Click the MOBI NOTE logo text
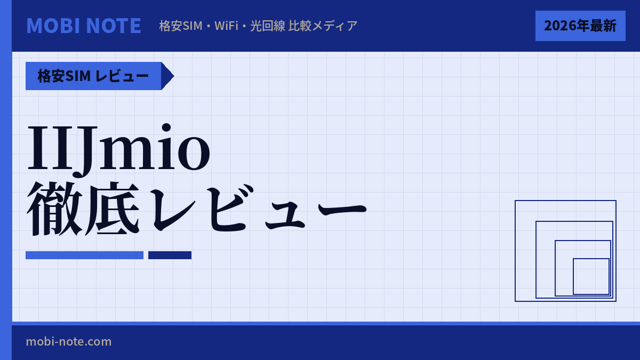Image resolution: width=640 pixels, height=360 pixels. [x=84, y=26]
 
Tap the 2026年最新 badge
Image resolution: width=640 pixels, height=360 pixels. [x=580, y=26]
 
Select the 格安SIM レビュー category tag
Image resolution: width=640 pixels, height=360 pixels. [x=93, y=76]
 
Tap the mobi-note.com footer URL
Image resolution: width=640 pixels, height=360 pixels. [x=69, y=341]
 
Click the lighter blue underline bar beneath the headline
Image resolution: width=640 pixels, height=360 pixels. [x=84, y=255]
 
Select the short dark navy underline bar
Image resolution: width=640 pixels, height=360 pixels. [x=170, y=255]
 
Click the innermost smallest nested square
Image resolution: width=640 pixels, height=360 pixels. [x=591, y=276]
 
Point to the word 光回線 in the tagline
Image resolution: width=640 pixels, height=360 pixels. [x=268, y=26]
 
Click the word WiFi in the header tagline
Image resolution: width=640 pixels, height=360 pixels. [x=226, y=26]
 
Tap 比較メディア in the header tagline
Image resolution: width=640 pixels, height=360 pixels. [x=323, y=26]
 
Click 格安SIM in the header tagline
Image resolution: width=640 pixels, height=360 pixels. [x=181, y=26]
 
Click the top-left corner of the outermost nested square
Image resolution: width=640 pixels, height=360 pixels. [x=515, y=201]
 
